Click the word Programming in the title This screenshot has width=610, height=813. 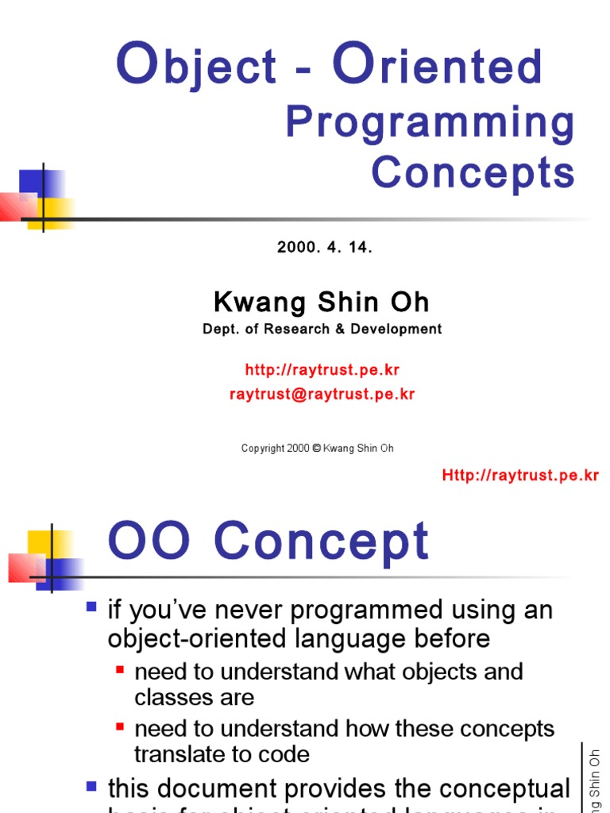(x=430, y=124)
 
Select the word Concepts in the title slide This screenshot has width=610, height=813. (x=473, y=172)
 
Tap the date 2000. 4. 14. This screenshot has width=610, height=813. (x=324, y=247)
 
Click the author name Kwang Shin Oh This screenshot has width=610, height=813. (x=321, y=302)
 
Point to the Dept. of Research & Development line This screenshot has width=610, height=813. (x=322, y=329)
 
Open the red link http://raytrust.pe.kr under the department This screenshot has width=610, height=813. (x=321, y=370)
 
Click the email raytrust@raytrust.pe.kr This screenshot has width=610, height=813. (x=322, y=395)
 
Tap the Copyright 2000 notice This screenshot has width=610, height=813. (x=317, y=449)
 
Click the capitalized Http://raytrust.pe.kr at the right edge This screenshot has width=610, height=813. (x=520, y=476)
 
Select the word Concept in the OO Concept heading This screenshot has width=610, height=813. (x=321, y=543)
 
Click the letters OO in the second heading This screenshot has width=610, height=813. (x=149, y=543)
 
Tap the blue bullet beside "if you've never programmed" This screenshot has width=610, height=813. (x=91, y=607)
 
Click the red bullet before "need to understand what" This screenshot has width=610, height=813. (x=120, y=669)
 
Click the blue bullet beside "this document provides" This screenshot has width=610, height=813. (x=91, y=786)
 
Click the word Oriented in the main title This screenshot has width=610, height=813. (x=438, y=66)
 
